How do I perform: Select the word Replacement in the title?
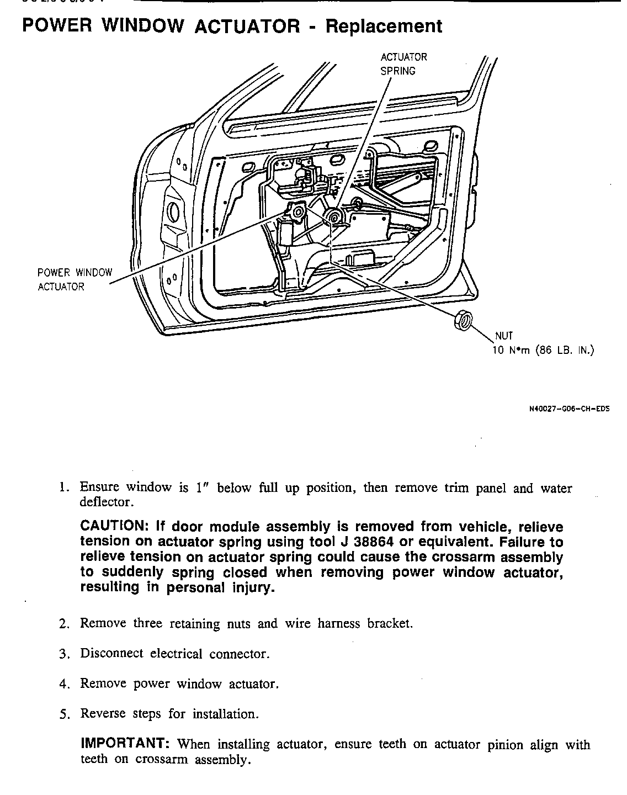click(384, 26)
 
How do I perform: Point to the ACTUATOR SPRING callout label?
click(403, 64)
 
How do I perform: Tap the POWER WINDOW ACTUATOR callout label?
click(75, 279)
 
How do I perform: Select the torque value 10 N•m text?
click(511, 351)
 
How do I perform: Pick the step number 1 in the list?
click(64, 487)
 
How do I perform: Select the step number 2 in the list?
click(64, 624)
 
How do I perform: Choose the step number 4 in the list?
click(64, 684)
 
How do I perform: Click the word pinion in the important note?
click(506, 745)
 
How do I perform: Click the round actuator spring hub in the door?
click(333, 217)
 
